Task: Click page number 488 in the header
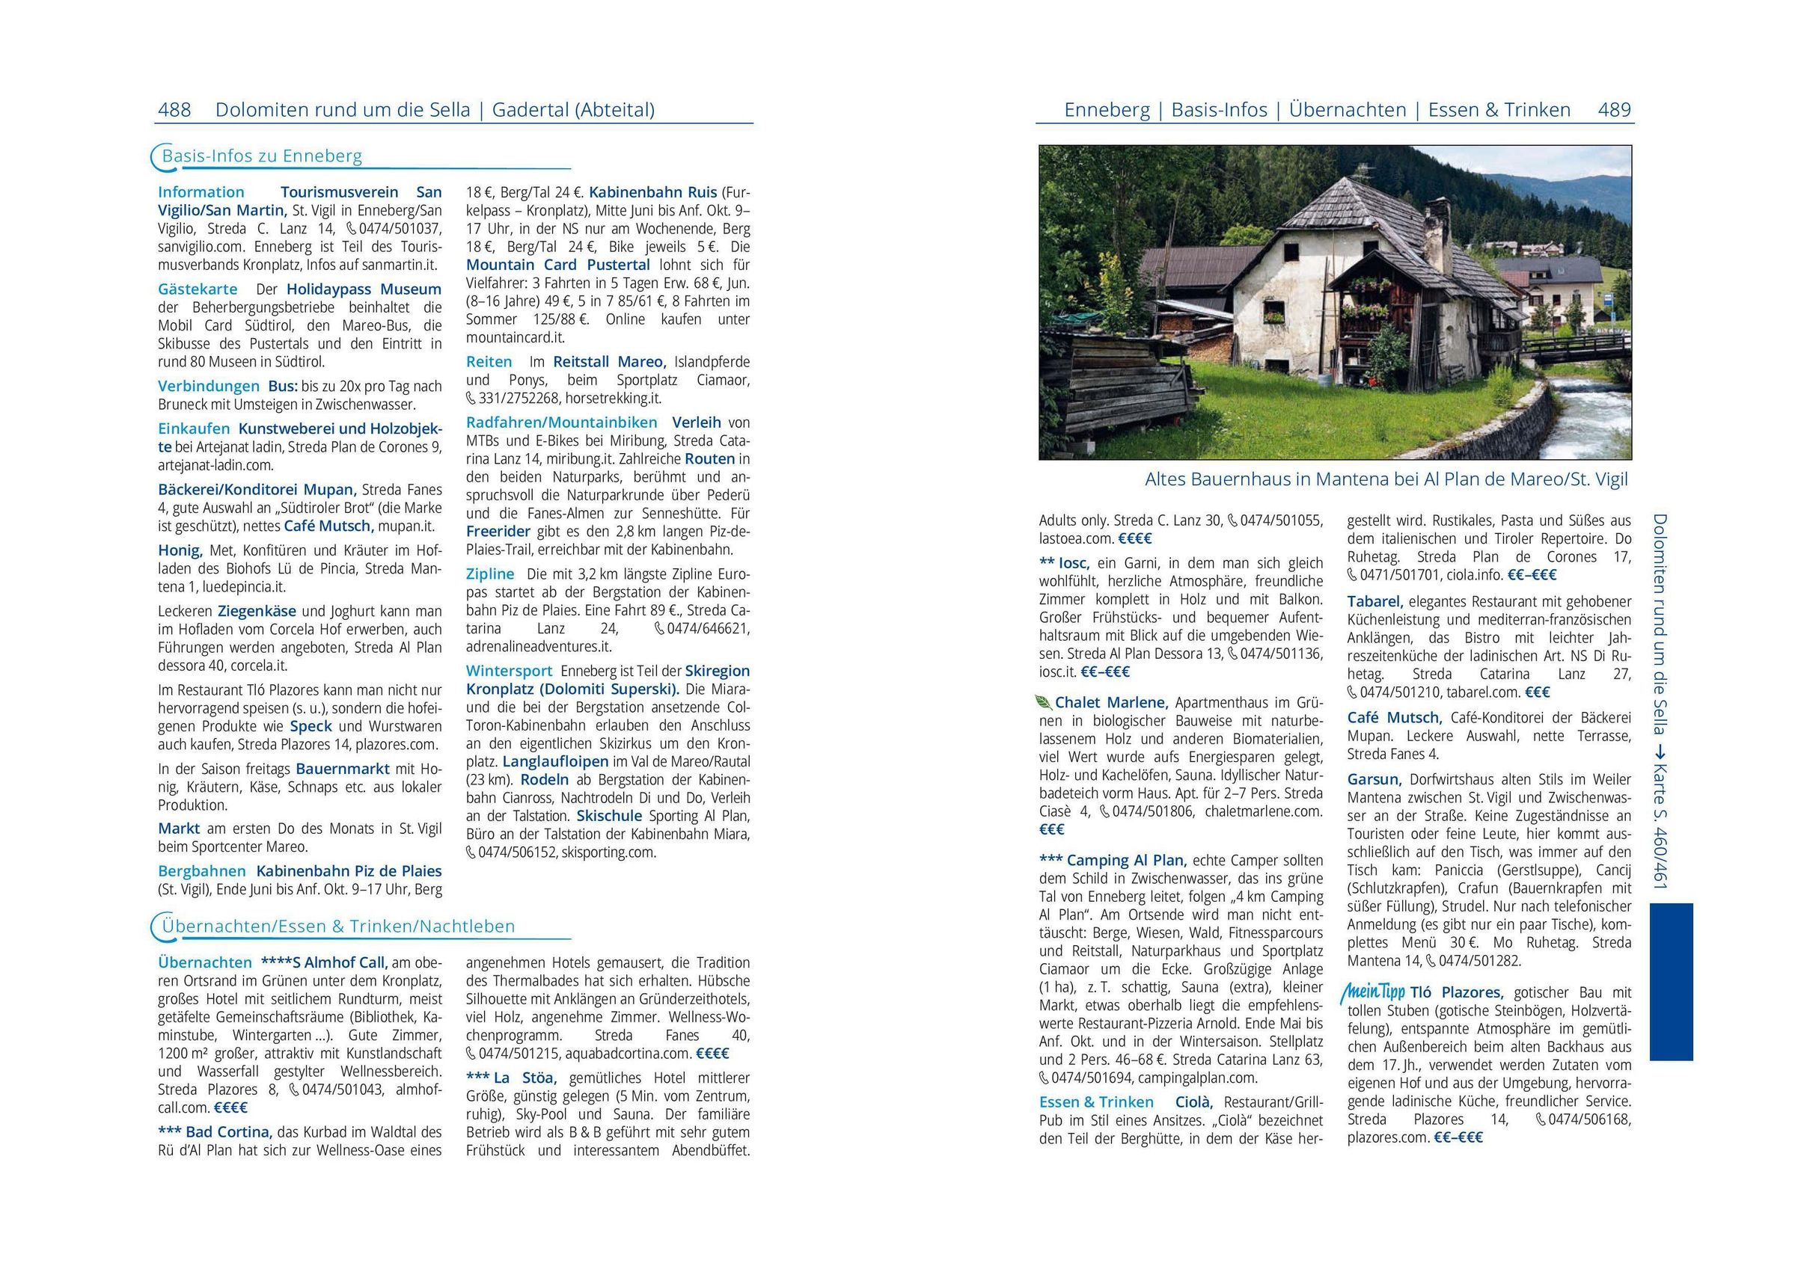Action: coord(174,110)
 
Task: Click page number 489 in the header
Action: coord(1615,110)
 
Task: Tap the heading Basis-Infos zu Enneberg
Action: coord(262,156)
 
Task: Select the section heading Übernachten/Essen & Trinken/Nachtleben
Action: coord(337,927)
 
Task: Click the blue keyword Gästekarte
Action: coord(197,289)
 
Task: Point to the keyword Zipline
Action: coord(490,574)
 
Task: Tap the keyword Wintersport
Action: coord(509,671)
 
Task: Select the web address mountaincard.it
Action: coord(516,337)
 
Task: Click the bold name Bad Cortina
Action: coord(228,1131)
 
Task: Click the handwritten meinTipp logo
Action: coord(1374,992)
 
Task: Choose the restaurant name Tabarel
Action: coord(1374,602)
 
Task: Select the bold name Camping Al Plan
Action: coord(1126,860)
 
